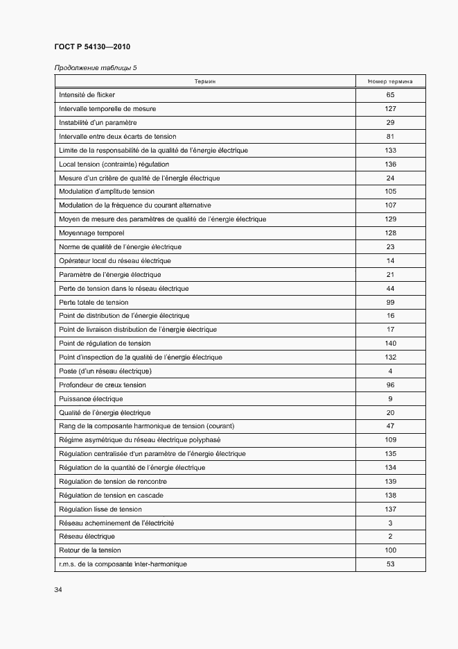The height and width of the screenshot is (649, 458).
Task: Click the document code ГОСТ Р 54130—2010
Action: coord(91,47)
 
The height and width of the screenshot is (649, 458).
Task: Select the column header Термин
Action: coord(205,81)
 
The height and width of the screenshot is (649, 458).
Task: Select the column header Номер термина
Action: coord(390,81)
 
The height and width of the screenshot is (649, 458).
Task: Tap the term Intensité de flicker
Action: coord(87,95)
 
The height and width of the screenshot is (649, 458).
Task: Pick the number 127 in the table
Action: coord(390,109)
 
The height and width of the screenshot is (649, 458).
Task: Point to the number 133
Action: coord(390,150)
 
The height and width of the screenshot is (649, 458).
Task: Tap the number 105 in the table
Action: coord(390,192)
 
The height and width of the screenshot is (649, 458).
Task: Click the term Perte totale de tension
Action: coord(94,302)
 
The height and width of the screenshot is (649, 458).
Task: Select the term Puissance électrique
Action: coord(91,398)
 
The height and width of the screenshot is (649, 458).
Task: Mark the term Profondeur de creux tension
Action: coord(103,385)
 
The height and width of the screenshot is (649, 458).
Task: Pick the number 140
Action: coord(390,344)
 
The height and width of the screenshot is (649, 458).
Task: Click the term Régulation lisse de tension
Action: coord(100,509)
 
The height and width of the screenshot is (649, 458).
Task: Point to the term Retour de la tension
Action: coord(90,550)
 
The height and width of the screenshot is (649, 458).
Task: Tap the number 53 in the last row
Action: coord(390,564)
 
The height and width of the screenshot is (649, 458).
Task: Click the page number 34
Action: coord(58,590)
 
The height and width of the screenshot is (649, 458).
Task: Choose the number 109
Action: coord(390,440)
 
